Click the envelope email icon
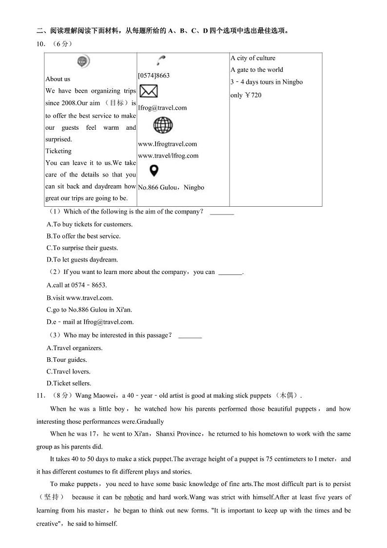tap(148, 91)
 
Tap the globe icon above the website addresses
tap(163, 125)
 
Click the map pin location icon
tap(154, 171)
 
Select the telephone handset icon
tap(160, 60)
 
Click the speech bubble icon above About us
tap(83, 61)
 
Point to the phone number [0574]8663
tap(154, 76)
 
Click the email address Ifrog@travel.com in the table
tap(162, 108)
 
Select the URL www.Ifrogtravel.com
tap(167, 144)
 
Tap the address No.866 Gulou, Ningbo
tap(171, 187)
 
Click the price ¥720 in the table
tap(253, 95)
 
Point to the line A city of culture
tap(253, 58)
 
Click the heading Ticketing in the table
tap(58, 151)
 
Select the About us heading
tap(58, 79)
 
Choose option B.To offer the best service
tap(83, 236)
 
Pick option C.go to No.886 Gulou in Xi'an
tap(89, 310)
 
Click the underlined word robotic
tap(134, 497)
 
